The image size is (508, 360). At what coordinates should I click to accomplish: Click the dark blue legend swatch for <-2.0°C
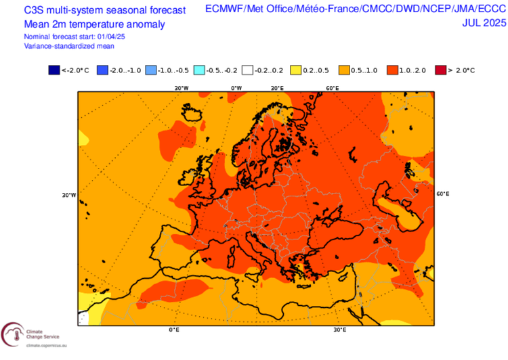pos(54,70)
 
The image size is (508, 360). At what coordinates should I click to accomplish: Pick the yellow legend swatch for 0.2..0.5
pos(295,70)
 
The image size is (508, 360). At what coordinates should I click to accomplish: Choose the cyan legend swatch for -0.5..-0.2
pos(198,70)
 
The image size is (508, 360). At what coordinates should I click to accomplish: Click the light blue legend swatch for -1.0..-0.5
pos(150,70)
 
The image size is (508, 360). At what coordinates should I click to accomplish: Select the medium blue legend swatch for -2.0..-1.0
pos(102,70)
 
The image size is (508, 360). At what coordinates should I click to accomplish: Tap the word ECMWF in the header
pos(224,9)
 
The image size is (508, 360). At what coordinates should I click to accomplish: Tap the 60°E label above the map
pos(333,88)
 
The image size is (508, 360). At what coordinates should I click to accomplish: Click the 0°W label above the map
pos(236,88)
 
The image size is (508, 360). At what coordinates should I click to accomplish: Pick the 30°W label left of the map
pos(69,195)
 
